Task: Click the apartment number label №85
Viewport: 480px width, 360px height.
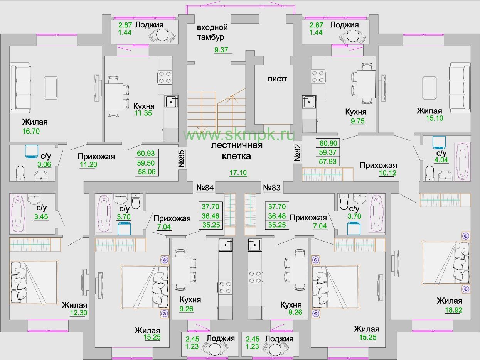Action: (x=182, y=159)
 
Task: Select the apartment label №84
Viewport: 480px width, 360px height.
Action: (x=205, y=188)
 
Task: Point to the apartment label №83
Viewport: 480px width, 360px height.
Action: (x=272, y=188)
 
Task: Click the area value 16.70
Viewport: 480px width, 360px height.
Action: (x=31, y=131)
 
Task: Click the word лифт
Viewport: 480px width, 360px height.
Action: (x=277, y=79)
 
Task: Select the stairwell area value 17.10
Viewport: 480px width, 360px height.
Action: (x=238, y=172)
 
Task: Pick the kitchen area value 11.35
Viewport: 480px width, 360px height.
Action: (x=143, y=113)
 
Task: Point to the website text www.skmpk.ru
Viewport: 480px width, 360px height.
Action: (x=239, y=135)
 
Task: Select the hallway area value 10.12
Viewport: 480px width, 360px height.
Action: (x=387, y=173)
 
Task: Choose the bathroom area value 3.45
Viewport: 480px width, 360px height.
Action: (x=41, y=216)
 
